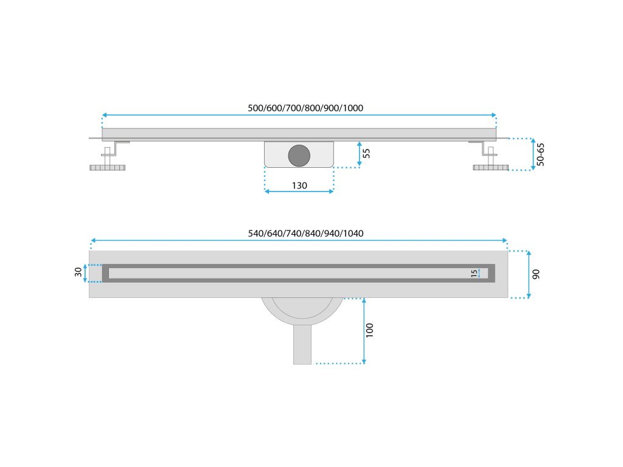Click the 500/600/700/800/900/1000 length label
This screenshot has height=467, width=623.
click(x=305, y=108)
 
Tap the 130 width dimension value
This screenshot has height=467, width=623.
click(x=299, y=185)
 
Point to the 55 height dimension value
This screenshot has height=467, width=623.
click(x=366, y=153)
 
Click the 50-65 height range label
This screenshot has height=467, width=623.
click(x=541, y=155)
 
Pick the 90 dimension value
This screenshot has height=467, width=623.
click(x=536, y=274)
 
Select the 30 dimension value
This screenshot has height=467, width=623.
click(x=78, y=272)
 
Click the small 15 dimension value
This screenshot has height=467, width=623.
click(x=474, y=273)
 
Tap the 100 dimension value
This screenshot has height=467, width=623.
click(x=370, y=330)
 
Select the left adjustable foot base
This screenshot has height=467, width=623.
click(x=108, y=167)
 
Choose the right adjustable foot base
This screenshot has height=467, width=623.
click(x=490, y=167)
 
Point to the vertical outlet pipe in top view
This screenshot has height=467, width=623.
click(x=302, y=344)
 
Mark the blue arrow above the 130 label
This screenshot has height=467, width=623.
click(x=299, y=191)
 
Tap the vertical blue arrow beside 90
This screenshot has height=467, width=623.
click(x=529, y=274)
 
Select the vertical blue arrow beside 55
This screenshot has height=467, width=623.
click(x=359, y=153)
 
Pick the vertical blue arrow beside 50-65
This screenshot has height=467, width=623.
click(x=534, y=155)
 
